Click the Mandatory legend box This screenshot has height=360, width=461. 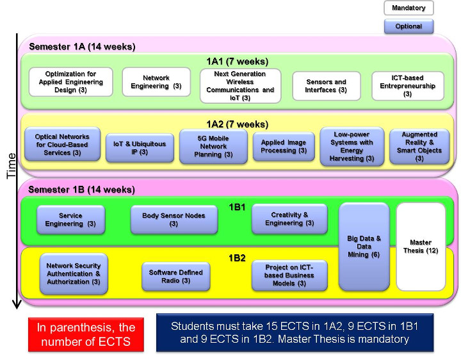point(408,8)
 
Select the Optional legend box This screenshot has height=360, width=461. point(408,26)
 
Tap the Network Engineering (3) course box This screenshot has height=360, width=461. point(156,82)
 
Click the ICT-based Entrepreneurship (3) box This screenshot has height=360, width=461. point(407,86)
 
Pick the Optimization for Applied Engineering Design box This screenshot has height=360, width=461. point(71,81)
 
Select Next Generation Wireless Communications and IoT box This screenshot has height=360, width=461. point(240,86)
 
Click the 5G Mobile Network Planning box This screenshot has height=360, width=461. point(213,146)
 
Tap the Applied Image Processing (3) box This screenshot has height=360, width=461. point(283,147)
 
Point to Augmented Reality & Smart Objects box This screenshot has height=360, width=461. point(419,146)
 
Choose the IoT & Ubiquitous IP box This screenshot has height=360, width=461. point(143,147)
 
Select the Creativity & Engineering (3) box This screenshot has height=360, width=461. point(289,219)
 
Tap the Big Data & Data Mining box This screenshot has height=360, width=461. point(364,246)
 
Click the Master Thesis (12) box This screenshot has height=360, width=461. point(421,246)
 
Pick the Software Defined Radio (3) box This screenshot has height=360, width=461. point(175,276)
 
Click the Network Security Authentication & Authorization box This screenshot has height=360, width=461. point(74,273)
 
